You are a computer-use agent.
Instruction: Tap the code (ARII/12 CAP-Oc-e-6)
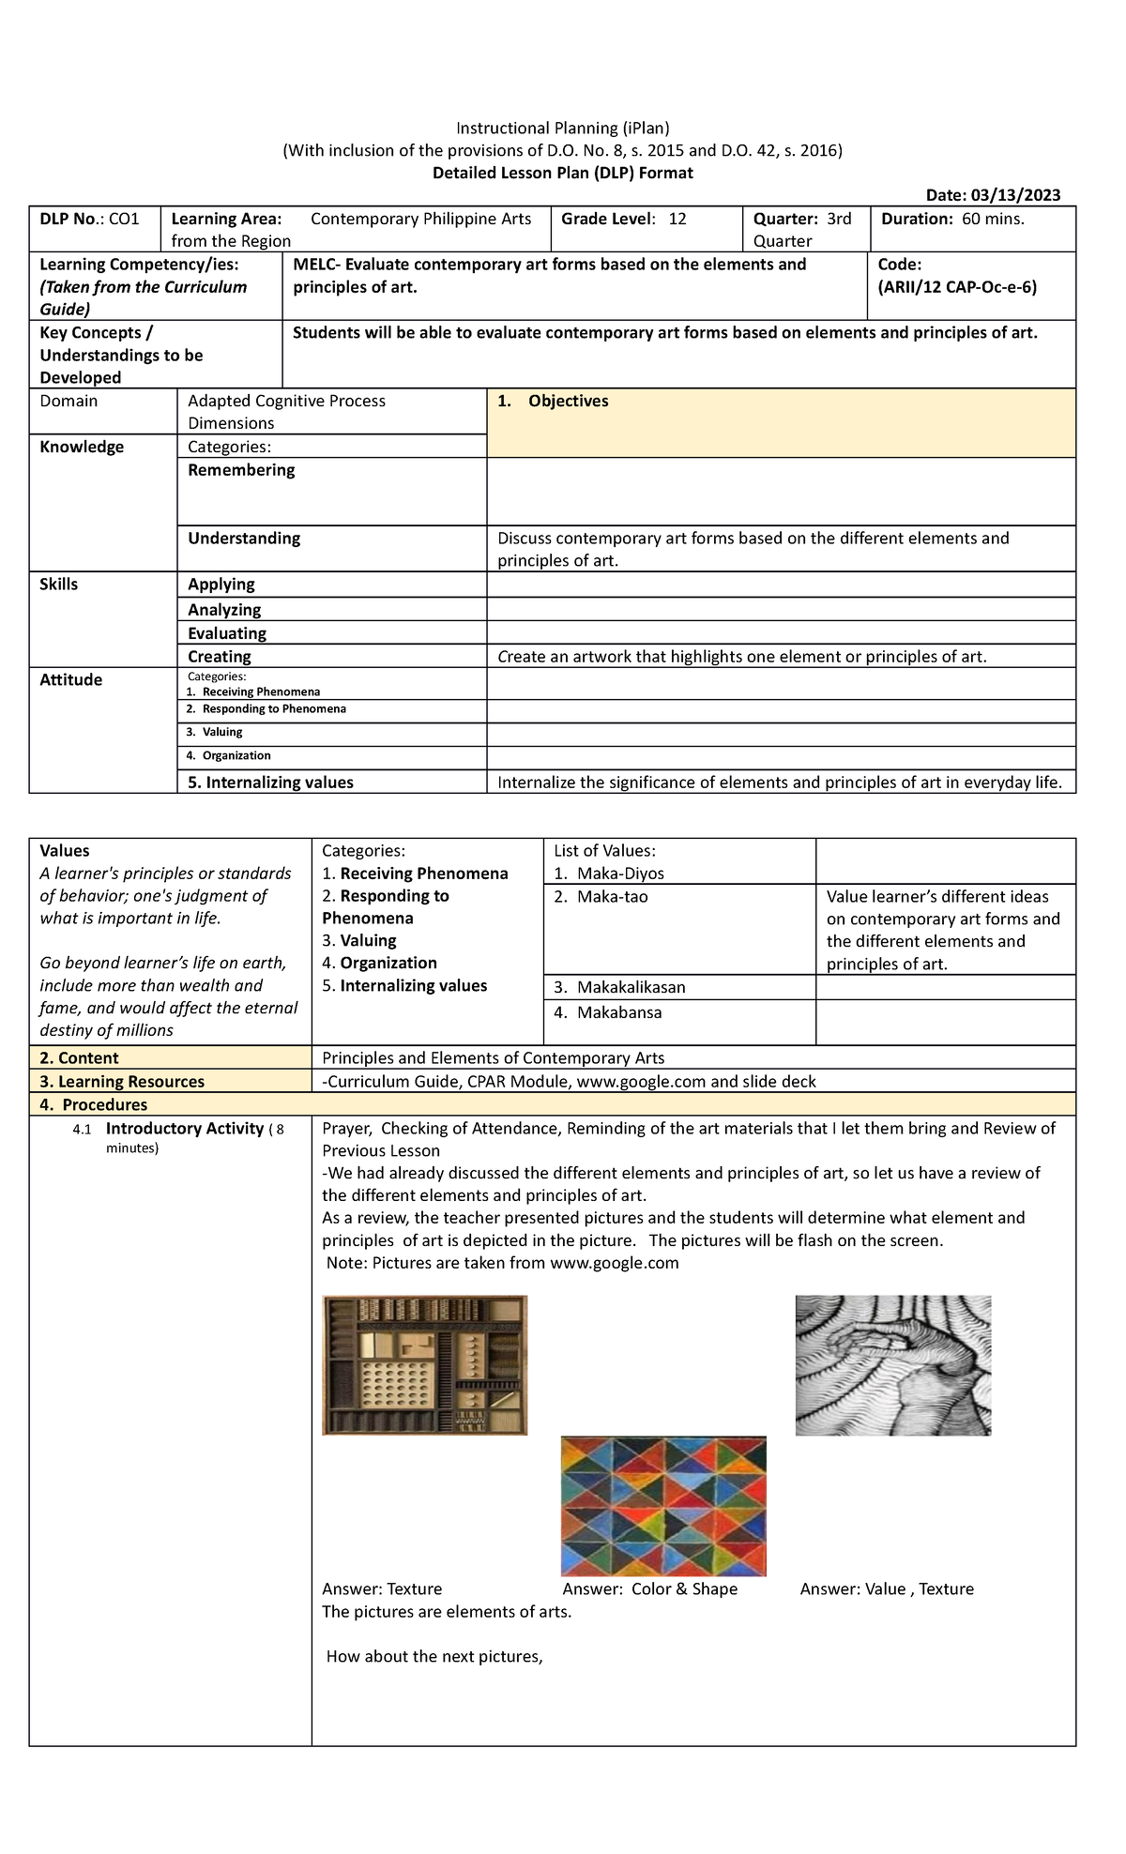coord(957,287)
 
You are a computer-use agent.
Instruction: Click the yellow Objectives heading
coord(568,402)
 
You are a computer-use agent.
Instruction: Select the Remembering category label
coord(241,470)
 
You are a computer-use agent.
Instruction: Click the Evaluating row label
coord(227,633)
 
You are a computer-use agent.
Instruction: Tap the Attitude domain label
coord(71,680)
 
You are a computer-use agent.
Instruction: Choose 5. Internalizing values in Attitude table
coord(270,783)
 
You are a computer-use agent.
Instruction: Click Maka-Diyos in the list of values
coord(619,874)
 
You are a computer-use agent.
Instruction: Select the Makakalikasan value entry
coord(631,987)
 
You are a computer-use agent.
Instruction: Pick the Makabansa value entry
coord(619,1012)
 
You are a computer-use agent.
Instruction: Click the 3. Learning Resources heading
coord(122,1082)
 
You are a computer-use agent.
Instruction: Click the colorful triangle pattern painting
coord(663,1506)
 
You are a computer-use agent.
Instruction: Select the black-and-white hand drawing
coord(892,1365)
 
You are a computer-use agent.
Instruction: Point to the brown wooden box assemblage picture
coord(424,1365)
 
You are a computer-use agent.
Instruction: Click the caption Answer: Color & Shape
coord(649,1589)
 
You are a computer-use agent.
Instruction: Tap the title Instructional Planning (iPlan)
coord(563,129)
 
